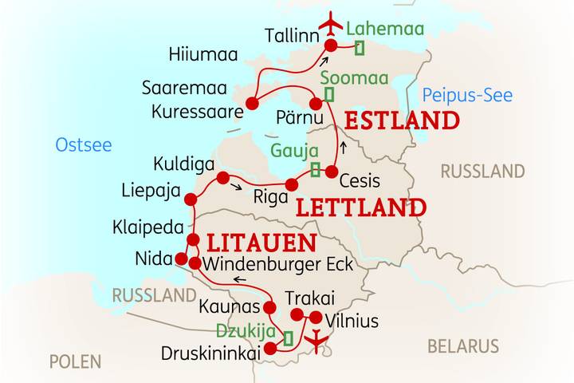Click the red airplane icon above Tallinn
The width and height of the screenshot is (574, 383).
[x=330, y=23]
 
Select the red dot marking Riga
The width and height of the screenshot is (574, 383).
[x=292, y=185]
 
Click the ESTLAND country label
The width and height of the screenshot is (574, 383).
[x=402, y=121]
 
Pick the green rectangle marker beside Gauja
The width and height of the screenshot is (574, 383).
[x=316, y=169]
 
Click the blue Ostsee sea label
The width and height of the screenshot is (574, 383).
[x=83, y=145]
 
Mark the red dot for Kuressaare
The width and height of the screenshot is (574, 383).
[x=252, y=103]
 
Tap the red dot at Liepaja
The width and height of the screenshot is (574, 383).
[x=190, y=199]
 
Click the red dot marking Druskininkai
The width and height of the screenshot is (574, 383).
[x=270, y=348]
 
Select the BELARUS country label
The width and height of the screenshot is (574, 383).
[x=463, y=346]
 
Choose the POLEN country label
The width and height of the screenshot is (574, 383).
[x=75, y=361]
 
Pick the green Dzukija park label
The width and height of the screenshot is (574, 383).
[x=246, y=330]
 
